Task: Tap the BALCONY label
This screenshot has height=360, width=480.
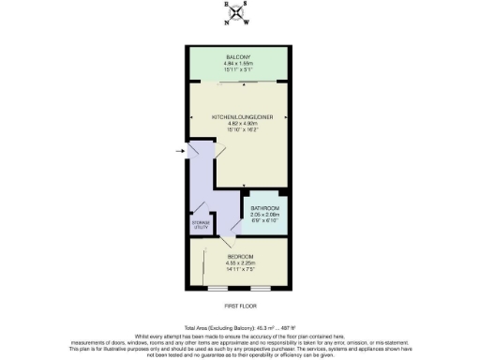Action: click(x=240, y=56)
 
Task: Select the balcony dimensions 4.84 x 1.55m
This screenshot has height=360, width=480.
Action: click(x=240, y=64)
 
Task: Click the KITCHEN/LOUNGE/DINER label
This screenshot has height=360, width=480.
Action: click(x=240, y=116)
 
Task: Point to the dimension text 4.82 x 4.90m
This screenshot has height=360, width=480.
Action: click(x=240, y=124)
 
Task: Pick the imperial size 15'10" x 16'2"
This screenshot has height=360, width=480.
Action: click(x=240, y=130)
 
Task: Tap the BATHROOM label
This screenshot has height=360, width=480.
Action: click(x=264, y=208)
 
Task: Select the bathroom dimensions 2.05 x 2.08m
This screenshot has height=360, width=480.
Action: click(x=264, y=215)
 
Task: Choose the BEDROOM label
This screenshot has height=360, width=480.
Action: click(x=240, y=255)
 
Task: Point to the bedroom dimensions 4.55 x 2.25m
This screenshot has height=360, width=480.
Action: click(x=240, y=262)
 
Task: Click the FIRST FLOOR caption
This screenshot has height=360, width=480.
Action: click(x=240, y=306)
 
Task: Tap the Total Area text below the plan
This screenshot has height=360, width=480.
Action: click(x=240, y=327)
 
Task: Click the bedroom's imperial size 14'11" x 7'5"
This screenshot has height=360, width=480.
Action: click(x=240, y=270)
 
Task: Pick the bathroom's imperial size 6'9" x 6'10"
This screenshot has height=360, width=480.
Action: click(x=264, y=221)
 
